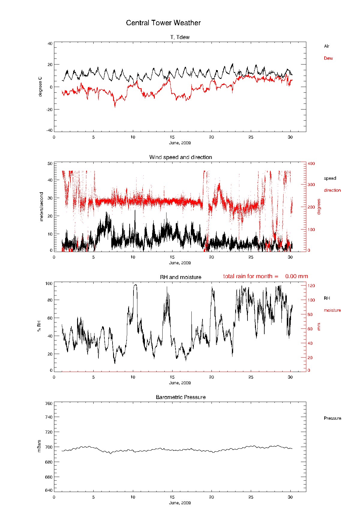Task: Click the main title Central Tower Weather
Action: [163, 23]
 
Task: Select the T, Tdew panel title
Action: [180, 37]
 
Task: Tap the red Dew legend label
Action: [328, 58]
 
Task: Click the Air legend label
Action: [327, 46]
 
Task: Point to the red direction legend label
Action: [332, 190]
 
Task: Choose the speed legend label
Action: [330, 178]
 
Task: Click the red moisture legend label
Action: [332, 310]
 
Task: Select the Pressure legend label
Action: [332, 418]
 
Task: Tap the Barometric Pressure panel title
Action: [181, 397]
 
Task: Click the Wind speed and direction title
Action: [181, 157]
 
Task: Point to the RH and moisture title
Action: [181, 277]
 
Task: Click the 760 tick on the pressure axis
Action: [49, 403]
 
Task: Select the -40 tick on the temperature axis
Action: [49, 130]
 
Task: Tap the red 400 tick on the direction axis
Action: [311, 163]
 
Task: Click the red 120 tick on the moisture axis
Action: [311, 286]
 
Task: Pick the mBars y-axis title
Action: [39, 446]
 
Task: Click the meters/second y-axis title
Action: [42, 207]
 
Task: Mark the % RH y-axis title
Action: [39, 326]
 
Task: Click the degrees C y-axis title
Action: [40, 87]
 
